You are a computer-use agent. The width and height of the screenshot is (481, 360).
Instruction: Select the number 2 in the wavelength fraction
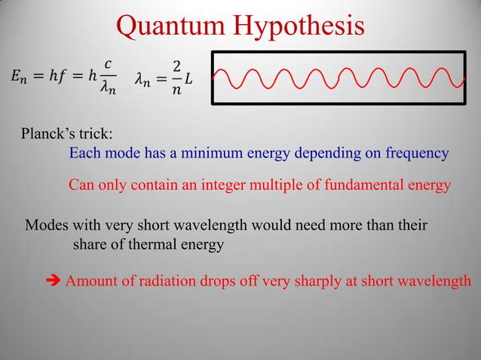point(176,66)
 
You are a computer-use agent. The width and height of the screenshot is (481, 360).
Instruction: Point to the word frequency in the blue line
point(417,154)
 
